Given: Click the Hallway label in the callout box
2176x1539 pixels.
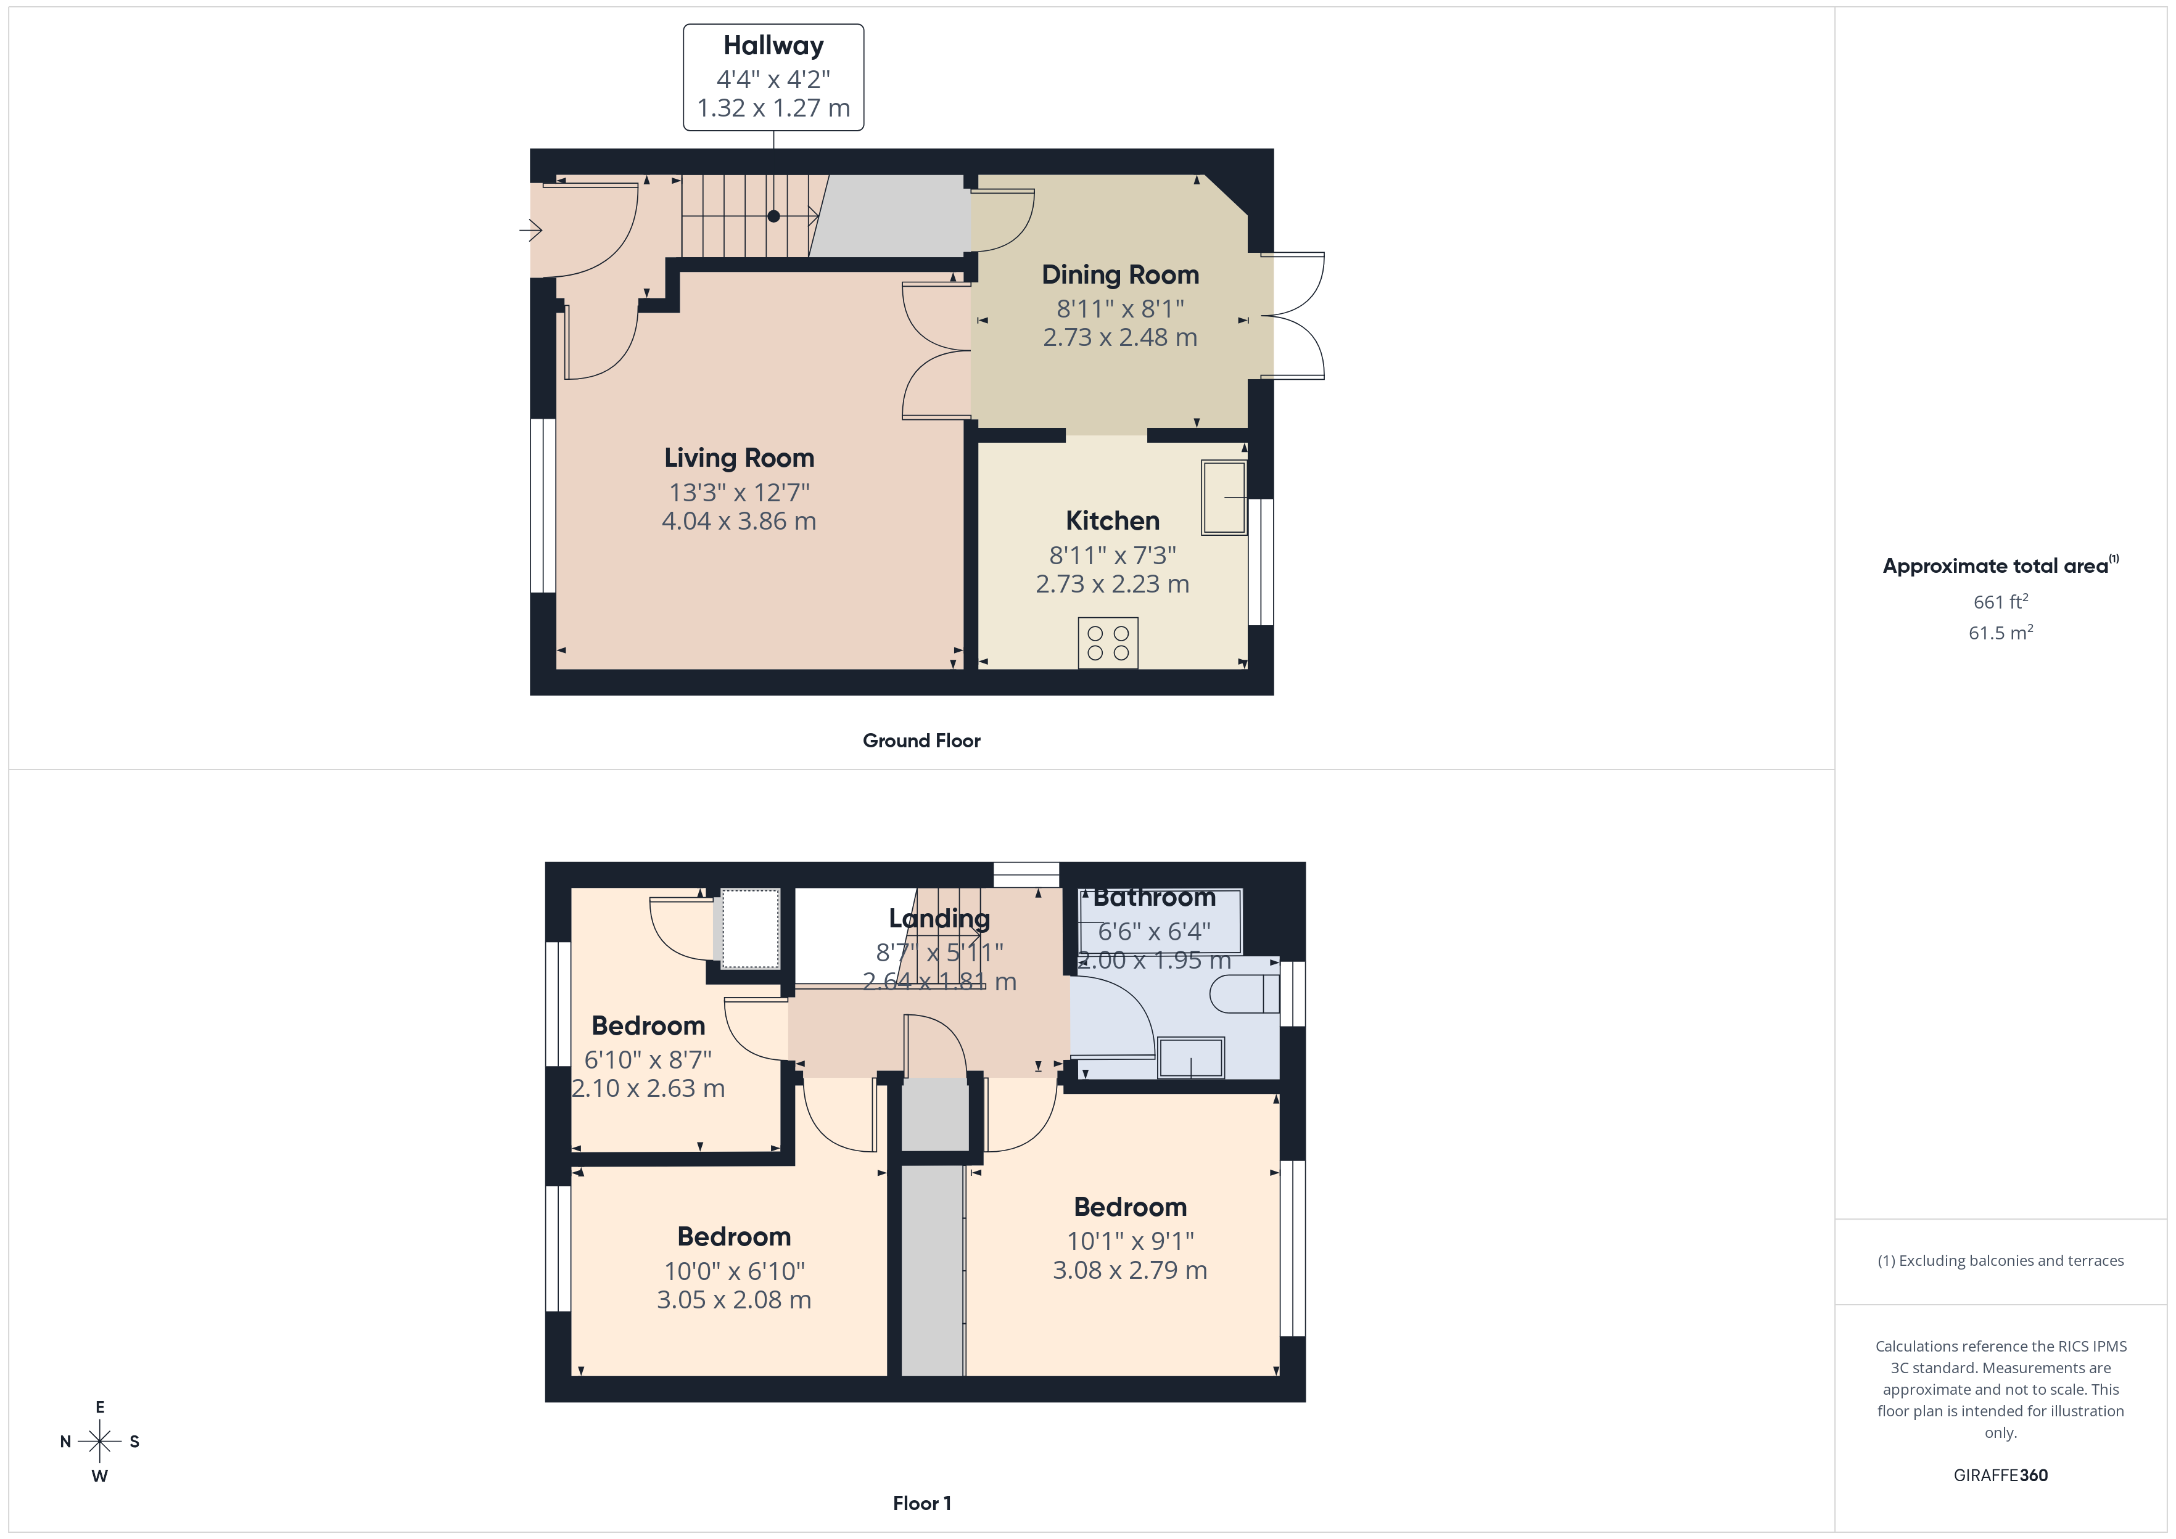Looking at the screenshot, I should pos(773,46).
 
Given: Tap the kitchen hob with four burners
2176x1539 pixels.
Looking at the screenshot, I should pos(1108,642).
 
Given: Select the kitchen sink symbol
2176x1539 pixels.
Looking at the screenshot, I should pos(1224,498).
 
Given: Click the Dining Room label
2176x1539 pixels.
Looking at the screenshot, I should pos(1120,275).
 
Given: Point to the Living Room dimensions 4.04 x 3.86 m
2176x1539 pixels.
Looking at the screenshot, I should pos(738,521).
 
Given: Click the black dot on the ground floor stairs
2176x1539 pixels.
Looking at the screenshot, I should pos(773,216).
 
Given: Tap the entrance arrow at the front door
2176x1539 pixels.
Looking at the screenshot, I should pos(530,229).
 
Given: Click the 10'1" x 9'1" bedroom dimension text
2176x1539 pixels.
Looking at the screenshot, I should pos(1130,1241).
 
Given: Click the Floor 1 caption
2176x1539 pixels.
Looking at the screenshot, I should pos(921,1503).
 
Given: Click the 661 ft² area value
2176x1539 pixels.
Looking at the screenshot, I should pos(2000,602).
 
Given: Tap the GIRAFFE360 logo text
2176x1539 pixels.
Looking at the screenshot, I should pos(2000,1474).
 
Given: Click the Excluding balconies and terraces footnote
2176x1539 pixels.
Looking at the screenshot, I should pos(2000,1260).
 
